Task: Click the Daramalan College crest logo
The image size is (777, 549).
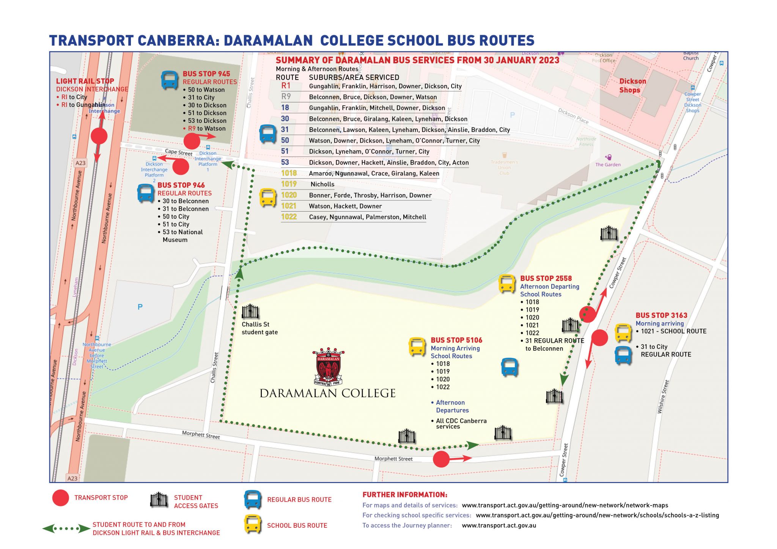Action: point(328,366)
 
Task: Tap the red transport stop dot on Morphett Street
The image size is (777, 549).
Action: point(441,459)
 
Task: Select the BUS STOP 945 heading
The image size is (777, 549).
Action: point(206,74)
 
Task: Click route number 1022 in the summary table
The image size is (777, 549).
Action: point(289,217)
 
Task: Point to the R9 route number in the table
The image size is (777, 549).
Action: point(286,97)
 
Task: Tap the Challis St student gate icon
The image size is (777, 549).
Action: point(250,311)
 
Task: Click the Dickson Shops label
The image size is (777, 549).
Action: point(632,86)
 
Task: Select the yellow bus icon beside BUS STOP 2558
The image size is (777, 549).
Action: point(506,284)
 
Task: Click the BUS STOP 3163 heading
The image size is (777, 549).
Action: point(661,315)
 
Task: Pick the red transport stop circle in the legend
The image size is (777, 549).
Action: point(61,498)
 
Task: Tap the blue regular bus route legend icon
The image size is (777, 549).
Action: point(252,500)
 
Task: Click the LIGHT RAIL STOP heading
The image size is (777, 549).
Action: point(85,81)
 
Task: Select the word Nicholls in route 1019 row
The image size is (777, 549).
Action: point(322,184)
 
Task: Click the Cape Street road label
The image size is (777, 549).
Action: point(178,152)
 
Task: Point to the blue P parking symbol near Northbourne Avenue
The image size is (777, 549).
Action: point(140,307)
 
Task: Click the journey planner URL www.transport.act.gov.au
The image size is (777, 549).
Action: point(499,525)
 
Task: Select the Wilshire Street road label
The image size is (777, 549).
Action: point(663,397)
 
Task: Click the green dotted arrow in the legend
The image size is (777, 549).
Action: point(66,529)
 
